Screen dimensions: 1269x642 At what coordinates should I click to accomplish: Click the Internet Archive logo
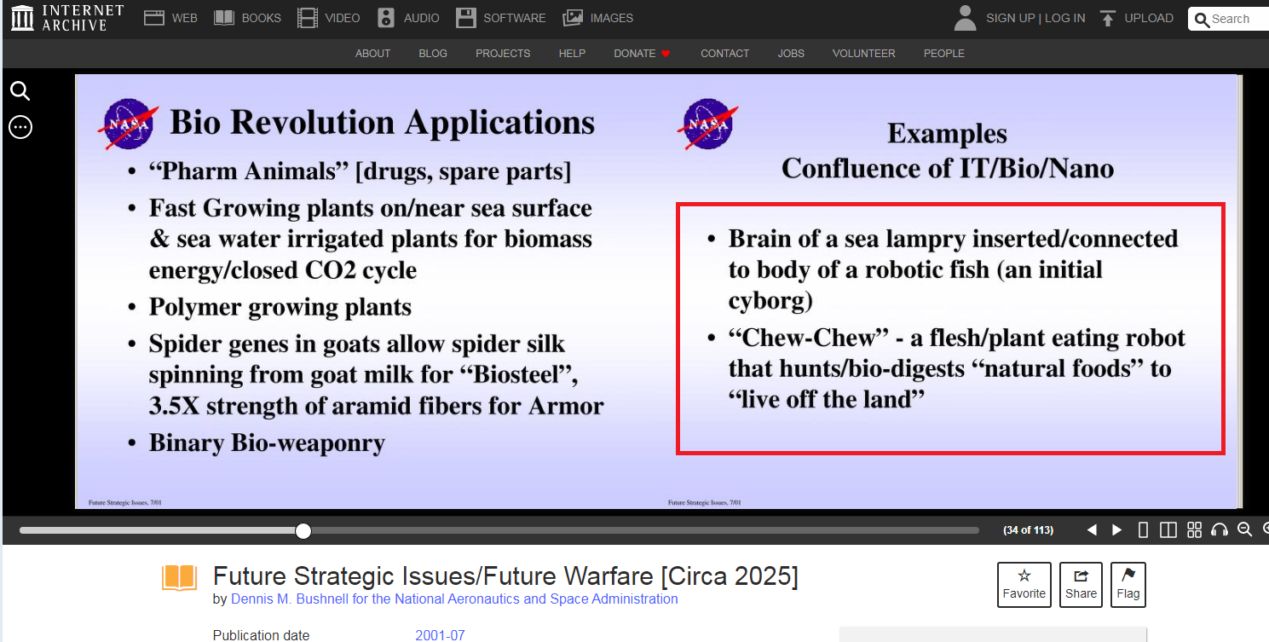(66, 18)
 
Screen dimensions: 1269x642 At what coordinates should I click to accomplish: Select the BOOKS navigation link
(247, 18)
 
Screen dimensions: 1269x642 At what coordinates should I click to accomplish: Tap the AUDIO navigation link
(408, 18)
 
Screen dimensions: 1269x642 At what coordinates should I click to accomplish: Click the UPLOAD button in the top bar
(1136, 18)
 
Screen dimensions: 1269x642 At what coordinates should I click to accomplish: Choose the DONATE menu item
(642, 53)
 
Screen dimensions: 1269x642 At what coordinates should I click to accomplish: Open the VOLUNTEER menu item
(863, 53)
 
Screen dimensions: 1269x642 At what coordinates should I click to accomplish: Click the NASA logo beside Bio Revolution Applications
(129, 124)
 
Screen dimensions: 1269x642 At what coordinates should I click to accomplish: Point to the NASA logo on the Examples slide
(707, 124)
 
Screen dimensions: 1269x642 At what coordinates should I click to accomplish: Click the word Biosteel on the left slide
(522, 374)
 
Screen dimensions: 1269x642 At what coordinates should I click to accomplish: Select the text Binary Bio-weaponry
(267, 443)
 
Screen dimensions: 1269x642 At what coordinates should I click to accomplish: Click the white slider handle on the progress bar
(303, 531)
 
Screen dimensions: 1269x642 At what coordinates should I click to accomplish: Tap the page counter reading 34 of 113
(1028, 530)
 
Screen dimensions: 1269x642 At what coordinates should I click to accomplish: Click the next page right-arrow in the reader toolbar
(1116, 530)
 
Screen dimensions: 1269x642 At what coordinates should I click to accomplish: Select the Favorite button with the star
(1024, 585)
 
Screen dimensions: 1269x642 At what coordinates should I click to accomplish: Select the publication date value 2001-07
(440, 635)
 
